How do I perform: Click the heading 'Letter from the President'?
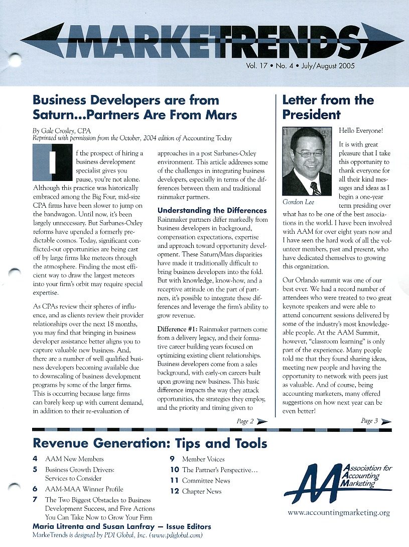tap(327, 107)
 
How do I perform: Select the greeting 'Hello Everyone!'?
tap(361, 131)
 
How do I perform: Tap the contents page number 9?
tap(172, 459)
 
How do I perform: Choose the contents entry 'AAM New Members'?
tap(74, 459)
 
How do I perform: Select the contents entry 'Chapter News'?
tap(202, 491)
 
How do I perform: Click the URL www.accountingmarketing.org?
tap(338, 513)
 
